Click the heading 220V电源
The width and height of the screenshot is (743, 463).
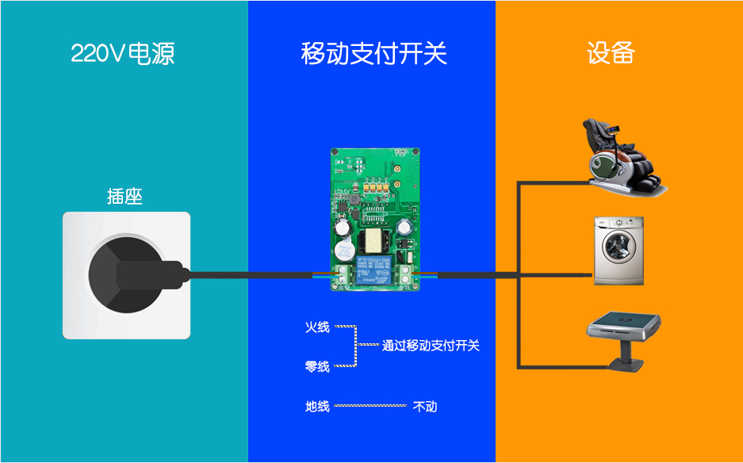coord(123,54)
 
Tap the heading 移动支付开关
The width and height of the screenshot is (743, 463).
coord(373,54)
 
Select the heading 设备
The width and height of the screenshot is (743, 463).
coord(611,53)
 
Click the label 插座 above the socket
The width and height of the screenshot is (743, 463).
coord(124,197)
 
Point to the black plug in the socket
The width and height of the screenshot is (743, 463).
coord(137,275)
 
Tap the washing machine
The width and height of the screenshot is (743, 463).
coord(619,251)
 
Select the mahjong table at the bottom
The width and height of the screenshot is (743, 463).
coord(623,341)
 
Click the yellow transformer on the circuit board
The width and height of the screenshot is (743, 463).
coord(373,242)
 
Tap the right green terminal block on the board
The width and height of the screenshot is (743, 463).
coord(405,275)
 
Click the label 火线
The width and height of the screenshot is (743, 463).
coord(317,327)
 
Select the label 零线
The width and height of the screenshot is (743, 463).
coord(317,366)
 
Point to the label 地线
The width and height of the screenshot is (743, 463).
coord(317,406)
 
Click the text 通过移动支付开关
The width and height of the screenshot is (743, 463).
coord(431,346)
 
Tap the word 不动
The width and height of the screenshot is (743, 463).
coord(425,407)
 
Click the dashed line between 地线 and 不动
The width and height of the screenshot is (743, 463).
coord(370,406)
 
